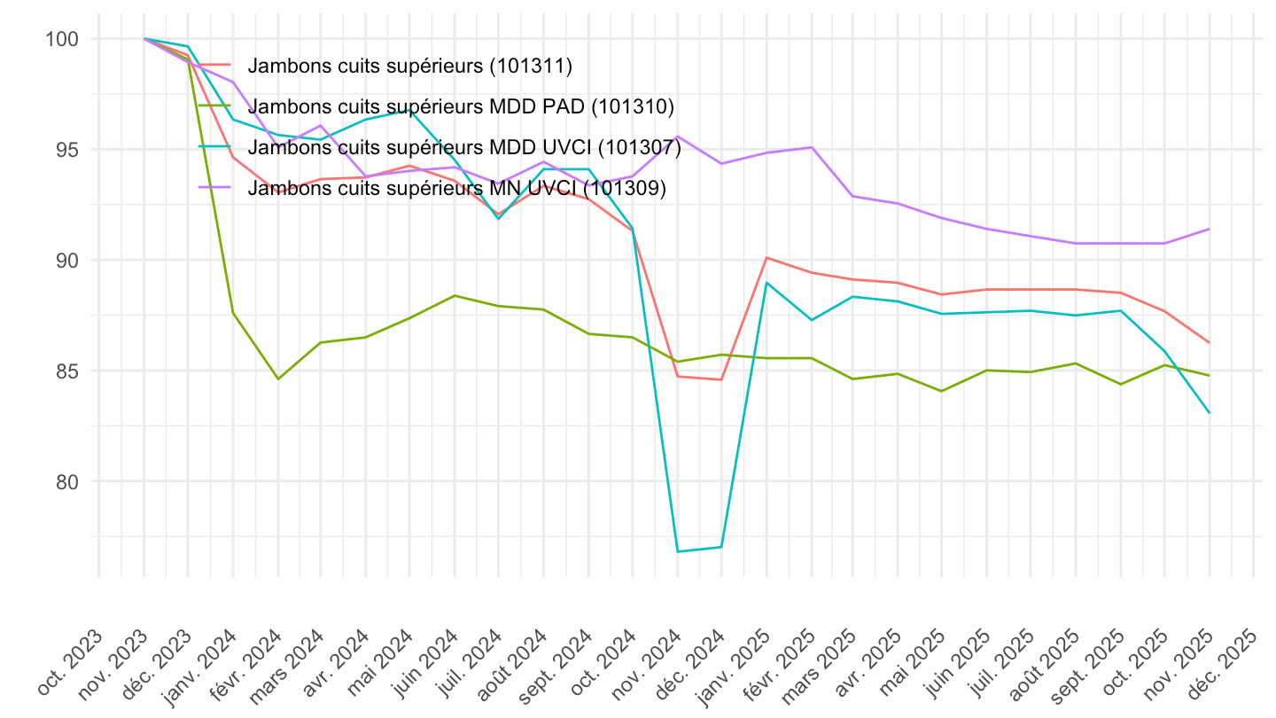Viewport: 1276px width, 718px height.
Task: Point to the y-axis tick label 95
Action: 71,150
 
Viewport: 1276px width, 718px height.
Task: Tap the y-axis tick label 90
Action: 71,261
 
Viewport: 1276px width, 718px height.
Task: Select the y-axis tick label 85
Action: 71,371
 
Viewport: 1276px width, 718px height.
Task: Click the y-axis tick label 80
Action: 71,482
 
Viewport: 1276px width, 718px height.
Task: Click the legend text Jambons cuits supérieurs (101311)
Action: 410,65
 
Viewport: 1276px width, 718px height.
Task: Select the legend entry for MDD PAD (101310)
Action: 461,106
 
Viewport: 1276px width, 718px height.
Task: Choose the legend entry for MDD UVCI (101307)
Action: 464,147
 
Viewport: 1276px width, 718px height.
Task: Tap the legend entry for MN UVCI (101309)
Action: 456,188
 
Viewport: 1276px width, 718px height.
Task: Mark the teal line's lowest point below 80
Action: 678,551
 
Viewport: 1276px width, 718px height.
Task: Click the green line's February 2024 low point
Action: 278,379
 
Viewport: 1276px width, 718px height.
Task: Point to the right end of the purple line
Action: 1210,229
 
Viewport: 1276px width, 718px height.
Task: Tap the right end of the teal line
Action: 1210,412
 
